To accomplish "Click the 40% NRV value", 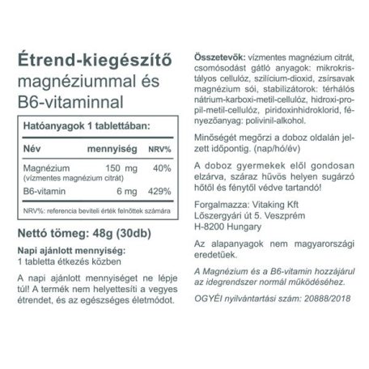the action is (x=163, y=168).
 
